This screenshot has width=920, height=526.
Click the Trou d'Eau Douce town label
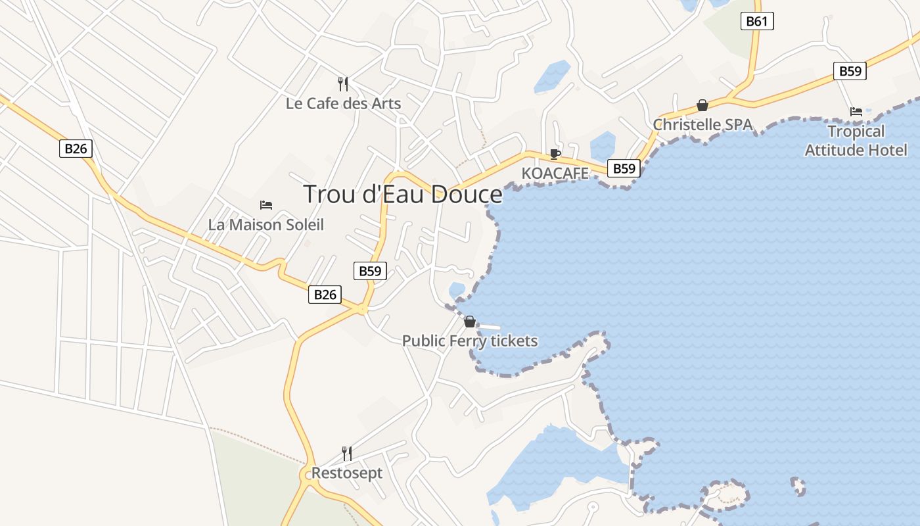(x=403, y=194)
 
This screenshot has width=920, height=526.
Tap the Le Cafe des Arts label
(x=343, y=103)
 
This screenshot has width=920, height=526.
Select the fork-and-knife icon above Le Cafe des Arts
(x=343, y=84)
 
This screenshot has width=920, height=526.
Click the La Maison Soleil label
(x=266, y=224)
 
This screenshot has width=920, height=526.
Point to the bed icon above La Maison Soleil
(x=266, y=205)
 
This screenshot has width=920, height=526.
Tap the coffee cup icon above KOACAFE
(x=555, y=155)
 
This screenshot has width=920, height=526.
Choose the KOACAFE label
(x=555, y=173)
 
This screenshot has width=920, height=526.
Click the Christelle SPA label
(x=702, y=124)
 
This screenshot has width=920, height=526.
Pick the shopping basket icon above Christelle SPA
(x=702, y=105)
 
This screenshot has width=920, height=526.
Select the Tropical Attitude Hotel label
(x=856, y=141)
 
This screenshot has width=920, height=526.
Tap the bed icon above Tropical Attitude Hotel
(x=856, y=112)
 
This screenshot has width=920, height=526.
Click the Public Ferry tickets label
(x=470, y=341)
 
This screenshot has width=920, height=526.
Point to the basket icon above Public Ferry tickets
(x=470, y=322)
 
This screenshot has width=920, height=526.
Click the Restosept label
(x=346, y=473)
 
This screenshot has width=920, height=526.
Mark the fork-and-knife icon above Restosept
(x=346, y=453)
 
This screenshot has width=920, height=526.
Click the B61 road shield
(x=757, y=21)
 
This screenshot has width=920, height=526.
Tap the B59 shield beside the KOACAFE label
(x=623, y=168)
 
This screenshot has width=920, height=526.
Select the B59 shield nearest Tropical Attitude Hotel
(x=850, y=71)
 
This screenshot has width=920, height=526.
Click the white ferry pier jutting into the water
(x=490, y=327)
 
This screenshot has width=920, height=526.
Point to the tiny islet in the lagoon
(x=798, y=487)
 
